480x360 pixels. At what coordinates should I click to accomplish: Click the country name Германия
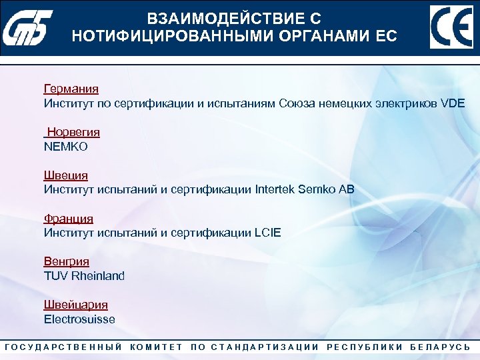[x=71, y=89]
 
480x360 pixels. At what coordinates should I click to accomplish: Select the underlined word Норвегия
[x=73, y=132]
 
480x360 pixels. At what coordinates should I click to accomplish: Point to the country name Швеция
[x=66, y=175]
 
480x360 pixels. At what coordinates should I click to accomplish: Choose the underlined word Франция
[x=69, y=219]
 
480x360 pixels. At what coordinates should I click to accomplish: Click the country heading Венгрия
[x=67, y=261]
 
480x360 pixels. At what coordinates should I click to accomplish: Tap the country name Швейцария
[x=76, y=305]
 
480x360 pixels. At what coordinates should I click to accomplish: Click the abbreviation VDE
[x=453, y=103]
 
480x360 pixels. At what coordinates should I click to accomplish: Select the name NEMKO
[x=66, y=146]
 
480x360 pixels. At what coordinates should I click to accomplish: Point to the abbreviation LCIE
[x=267, y=233]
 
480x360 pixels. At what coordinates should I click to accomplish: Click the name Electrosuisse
[x=79, y=319]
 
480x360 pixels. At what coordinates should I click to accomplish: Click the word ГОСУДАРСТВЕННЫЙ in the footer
[x=63, y=347]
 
